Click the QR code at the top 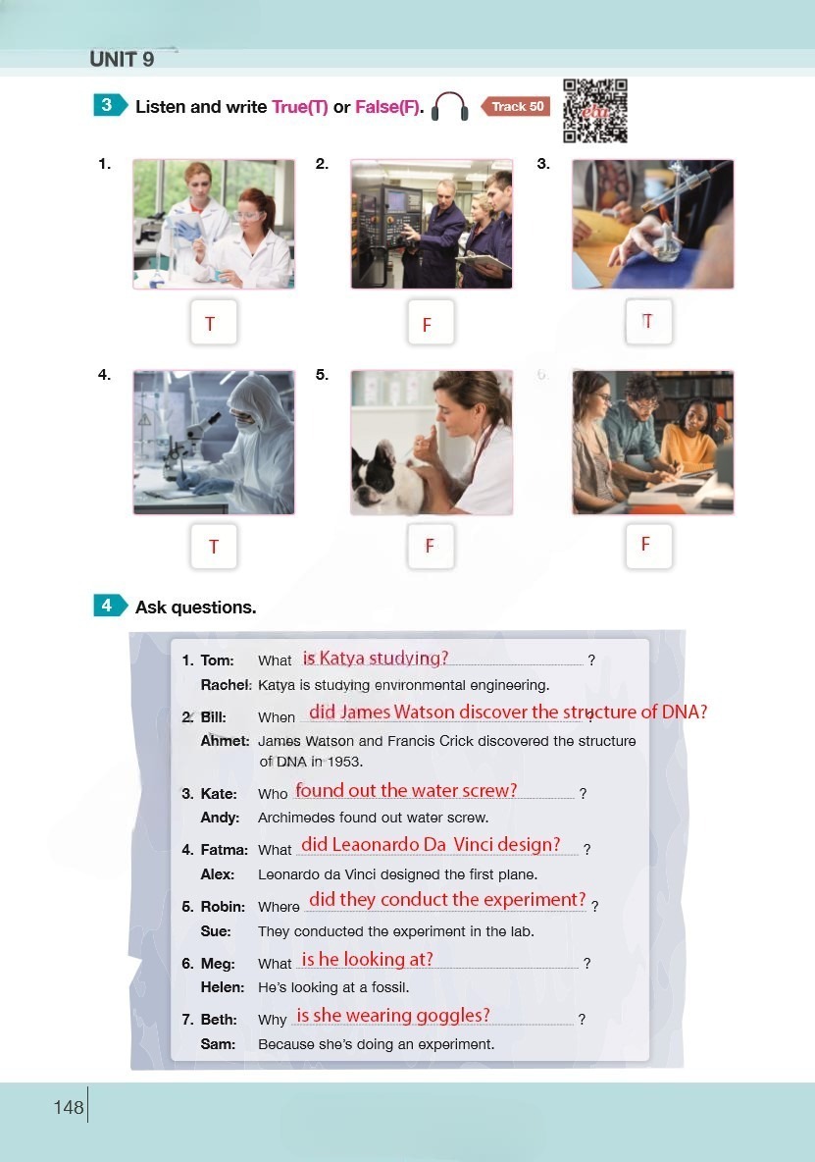point(595,111)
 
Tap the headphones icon point(449,107)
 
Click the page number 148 point(69,1107)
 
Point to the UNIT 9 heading point(122,59)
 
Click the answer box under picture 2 point(431,322)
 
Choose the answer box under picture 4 point(213,546)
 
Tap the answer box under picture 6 point(648,545)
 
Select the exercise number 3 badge point(110,105)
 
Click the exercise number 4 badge point(110,606)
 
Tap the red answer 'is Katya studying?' point(376,659)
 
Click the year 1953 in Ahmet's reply point(345,761)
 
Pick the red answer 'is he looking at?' point(367,959)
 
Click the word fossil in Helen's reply point(389,987)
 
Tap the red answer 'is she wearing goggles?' point(393,1015)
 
